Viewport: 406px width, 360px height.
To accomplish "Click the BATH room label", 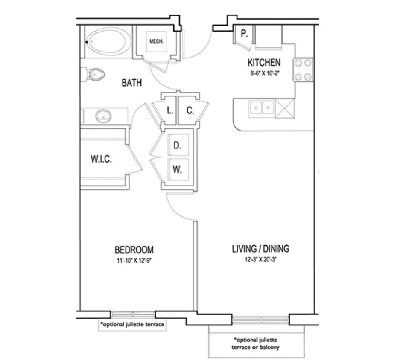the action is click(x=131, y=83).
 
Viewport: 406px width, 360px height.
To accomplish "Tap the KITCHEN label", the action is click(x=264, y=63).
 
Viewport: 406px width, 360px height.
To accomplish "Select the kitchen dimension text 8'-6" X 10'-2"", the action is click(x=264, y=73).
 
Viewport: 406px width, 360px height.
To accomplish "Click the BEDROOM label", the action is click(x=134, y=250).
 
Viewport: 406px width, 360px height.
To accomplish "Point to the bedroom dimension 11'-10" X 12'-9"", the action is click(x=134, y=261).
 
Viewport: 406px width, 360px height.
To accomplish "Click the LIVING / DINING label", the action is click(x=260, y=249).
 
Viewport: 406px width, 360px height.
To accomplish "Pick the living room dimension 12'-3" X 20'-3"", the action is click(x=260, y=259).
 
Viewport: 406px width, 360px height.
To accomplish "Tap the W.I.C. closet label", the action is click(x=101, y=159).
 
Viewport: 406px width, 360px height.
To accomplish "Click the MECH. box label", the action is click(x=156, y=41).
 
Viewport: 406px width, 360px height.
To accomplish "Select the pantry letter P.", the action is click(x=244, y=33).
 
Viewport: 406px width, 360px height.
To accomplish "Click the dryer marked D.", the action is click(x=178, y=145).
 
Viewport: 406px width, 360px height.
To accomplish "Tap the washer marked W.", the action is click(x=178, y=170).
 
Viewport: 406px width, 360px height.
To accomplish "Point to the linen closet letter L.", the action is click(x=170, y=111).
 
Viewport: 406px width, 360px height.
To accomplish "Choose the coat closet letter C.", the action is click(x=190, y=111).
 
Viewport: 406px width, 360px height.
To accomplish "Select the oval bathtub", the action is click(x=108, y=41).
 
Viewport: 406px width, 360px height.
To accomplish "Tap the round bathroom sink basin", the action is click(x=103, y=116).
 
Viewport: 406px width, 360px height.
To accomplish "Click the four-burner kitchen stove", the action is click(x=303, y=70).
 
